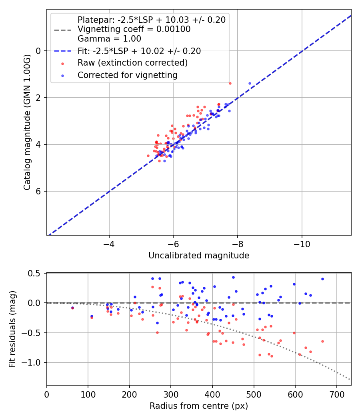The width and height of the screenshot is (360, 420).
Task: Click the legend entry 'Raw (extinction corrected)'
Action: point(132,63)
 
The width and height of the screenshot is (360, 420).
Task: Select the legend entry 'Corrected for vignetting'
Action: point(127,75)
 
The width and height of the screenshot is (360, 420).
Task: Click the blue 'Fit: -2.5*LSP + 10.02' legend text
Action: point(139,51)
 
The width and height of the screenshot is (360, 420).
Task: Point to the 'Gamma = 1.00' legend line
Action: point(109,39)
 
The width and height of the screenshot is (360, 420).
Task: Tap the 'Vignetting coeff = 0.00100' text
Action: point(134,29)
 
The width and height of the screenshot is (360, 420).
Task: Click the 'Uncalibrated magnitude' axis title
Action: point(199,256)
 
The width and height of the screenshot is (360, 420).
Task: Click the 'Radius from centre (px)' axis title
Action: point(199,406)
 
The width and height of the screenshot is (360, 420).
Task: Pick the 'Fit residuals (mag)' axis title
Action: point(12,329)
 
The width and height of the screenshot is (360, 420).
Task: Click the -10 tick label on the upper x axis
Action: point(302,244)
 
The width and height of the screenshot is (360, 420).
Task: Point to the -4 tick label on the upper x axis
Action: point(109,244)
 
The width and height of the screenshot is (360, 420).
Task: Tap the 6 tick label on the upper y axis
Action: point(38,191)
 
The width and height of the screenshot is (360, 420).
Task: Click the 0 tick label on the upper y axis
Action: point(38,51)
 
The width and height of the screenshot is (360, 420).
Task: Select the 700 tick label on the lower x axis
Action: point(336,394)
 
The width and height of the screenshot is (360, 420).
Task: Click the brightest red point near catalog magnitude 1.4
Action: point(230,83)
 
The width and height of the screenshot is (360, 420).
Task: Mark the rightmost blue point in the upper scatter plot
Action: point(250,83)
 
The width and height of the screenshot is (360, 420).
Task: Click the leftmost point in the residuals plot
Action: point(72,308)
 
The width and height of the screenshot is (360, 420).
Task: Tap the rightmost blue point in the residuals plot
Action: point(322,279)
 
